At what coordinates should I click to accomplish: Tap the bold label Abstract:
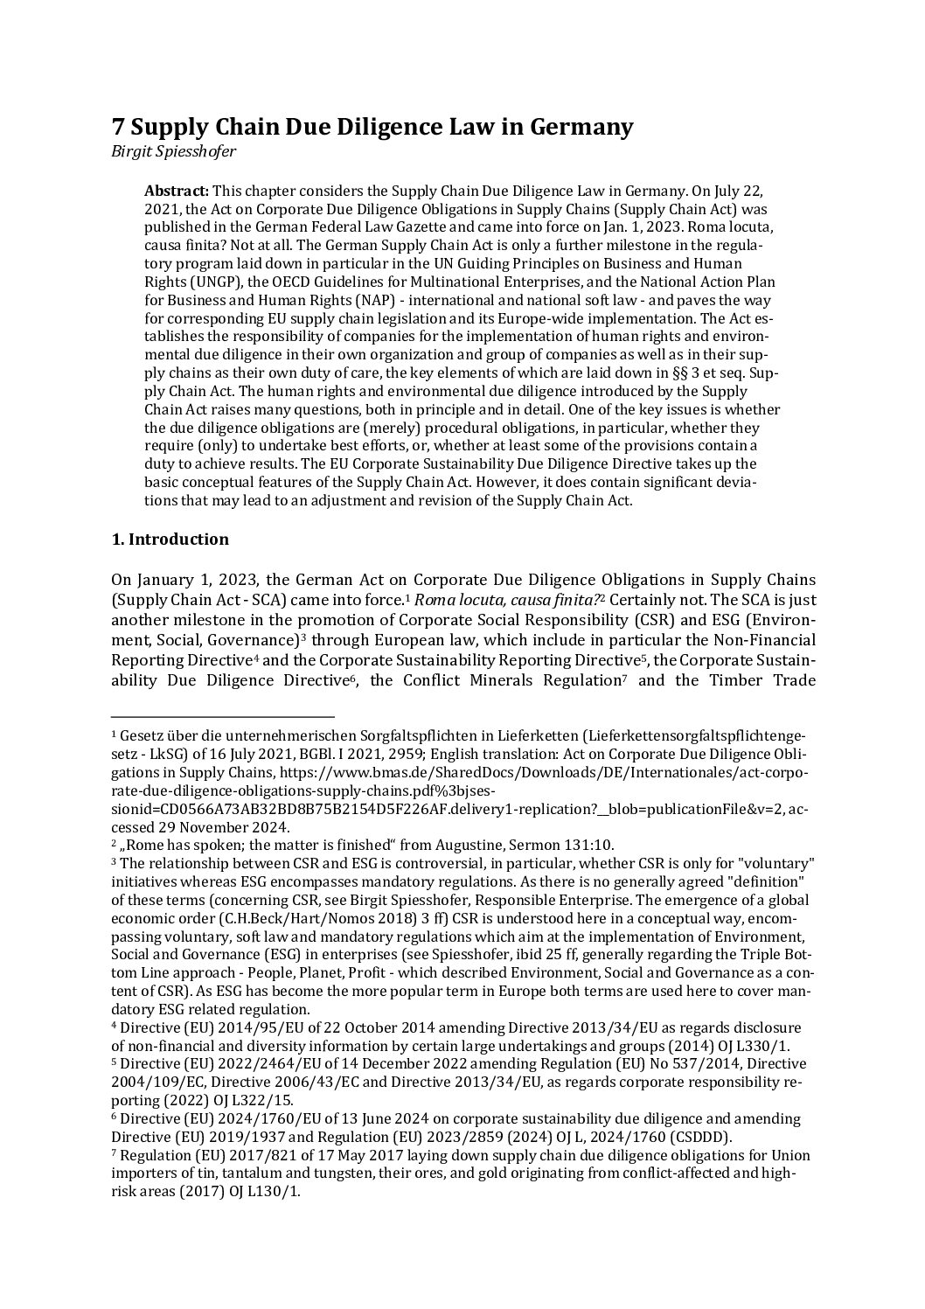176,191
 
